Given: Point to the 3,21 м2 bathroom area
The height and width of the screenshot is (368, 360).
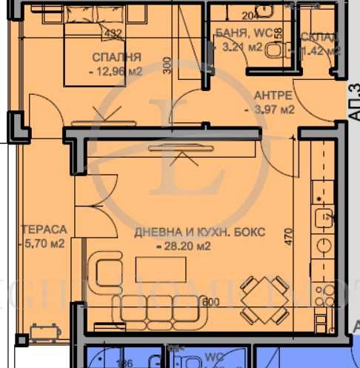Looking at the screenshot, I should click(x=242, y=47).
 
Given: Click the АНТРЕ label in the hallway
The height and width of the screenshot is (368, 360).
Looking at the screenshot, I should click(x=273, y=96).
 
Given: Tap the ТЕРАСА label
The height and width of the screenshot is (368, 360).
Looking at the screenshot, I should click(x=34, y=230).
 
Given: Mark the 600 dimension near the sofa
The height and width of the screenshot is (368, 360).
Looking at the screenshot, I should click(x=212, y=301).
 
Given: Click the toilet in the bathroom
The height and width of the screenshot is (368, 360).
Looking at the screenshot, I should click(x=275, y=50).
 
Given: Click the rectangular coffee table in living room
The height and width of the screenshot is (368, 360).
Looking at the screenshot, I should click(x=156, y=270).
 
